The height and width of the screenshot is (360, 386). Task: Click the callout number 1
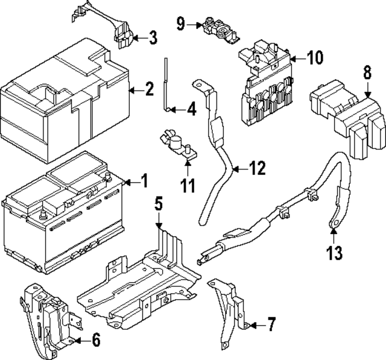tap(144, 180)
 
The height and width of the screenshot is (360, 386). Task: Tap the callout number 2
tap(149, 90)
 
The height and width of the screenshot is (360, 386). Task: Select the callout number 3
tap(153, 38)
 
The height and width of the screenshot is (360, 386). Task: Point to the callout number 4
tap(191, 110)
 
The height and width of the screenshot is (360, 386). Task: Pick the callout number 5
tap(158, 204)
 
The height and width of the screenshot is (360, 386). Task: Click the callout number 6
tap(95, 341)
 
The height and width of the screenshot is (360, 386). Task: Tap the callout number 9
tap(181, 24)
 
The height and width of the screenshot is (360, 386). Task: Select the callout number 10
tap(314, 58)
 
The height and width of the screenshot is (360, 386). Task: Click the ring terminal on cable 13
tap(332, 226)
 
